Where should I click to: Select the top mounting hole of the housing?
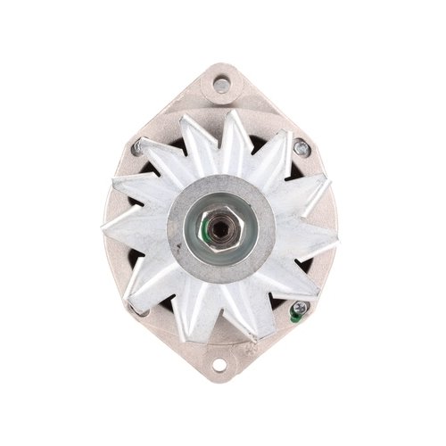click(x=220, y=85)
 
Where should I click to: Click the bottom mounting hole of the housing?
click(x=219, y=365)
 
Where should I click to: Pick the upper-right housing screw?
click(x=301, y=148)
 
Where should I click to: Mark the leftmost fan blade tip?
click(x=106, y=225)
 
